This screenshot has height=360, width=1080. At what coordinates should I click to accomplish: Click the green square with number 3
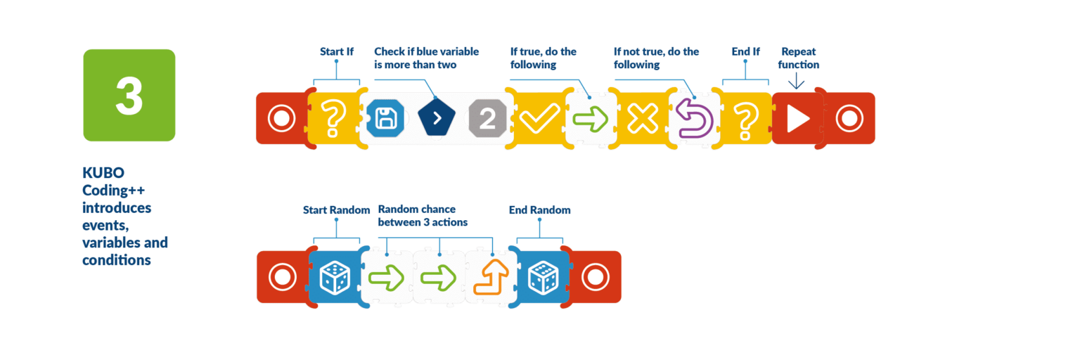129,95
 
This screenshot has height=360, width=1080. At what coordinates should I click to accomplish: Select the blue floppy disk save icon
385,118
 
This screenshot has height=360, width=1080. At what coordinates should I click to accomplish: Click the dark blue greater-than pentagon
437,118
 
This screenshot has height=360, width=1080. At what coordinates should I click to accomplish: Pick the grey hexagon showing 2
487,118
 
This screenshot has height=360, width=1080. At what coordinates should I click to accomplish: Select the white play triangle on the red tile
797,119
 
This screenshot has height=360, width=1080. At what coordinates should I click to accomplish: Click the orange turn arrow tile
491,277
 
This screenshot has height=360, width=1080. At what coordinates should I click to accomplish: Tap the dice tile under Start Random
334,277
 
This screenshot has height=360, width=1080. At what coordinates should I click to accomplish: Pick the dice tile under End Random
543,277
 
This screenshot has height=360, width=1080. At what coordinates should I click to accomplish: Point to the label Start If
336,52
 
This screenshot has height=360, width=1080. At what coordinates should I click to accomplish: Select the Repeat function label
798,58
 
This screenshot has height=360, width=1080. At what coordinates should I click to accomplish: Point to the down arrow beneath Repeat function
796,82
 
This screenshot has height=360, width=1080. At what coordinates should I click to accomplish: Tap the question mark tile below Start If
333,119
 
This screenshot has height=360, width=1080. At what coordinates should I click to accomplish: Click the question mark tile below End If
746,119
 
